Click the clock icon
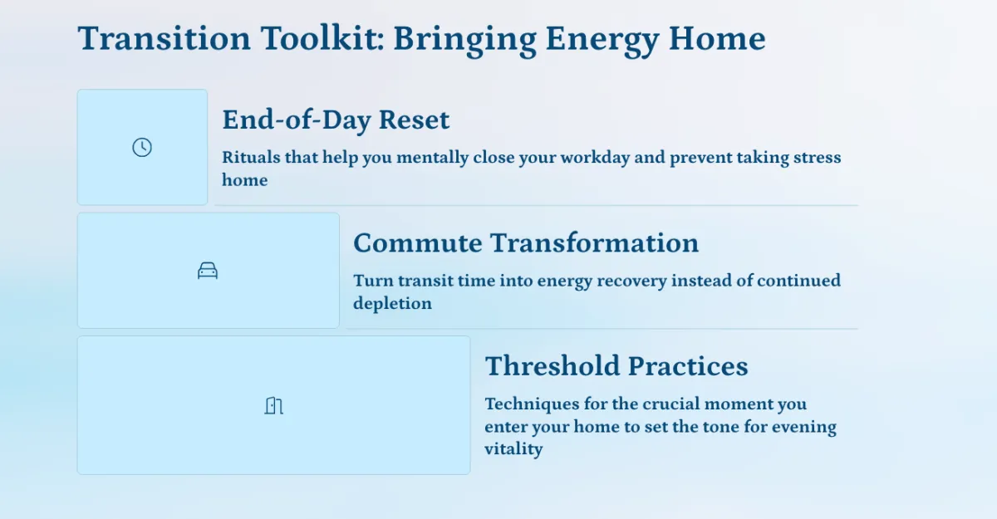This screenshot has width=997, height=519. pos(142,147)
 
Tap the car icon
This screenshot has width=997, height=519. pos(208,271)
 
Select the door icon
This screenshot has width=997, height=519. pos(273,405)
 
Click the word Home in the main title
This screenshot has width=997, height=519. pos(717,38)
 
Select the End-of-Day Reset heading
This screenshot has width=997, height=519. pos(336,120)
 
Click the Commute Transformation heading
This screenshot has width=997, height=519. pos(526,242)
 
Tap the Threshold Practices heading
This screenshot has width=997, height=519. pos(616,366)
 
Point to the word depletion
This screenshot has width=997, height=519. pos(392,304)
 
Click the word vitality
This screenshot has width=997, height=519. pos(513,449)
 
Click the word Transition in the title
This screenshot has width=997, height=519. pos(164,38)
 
